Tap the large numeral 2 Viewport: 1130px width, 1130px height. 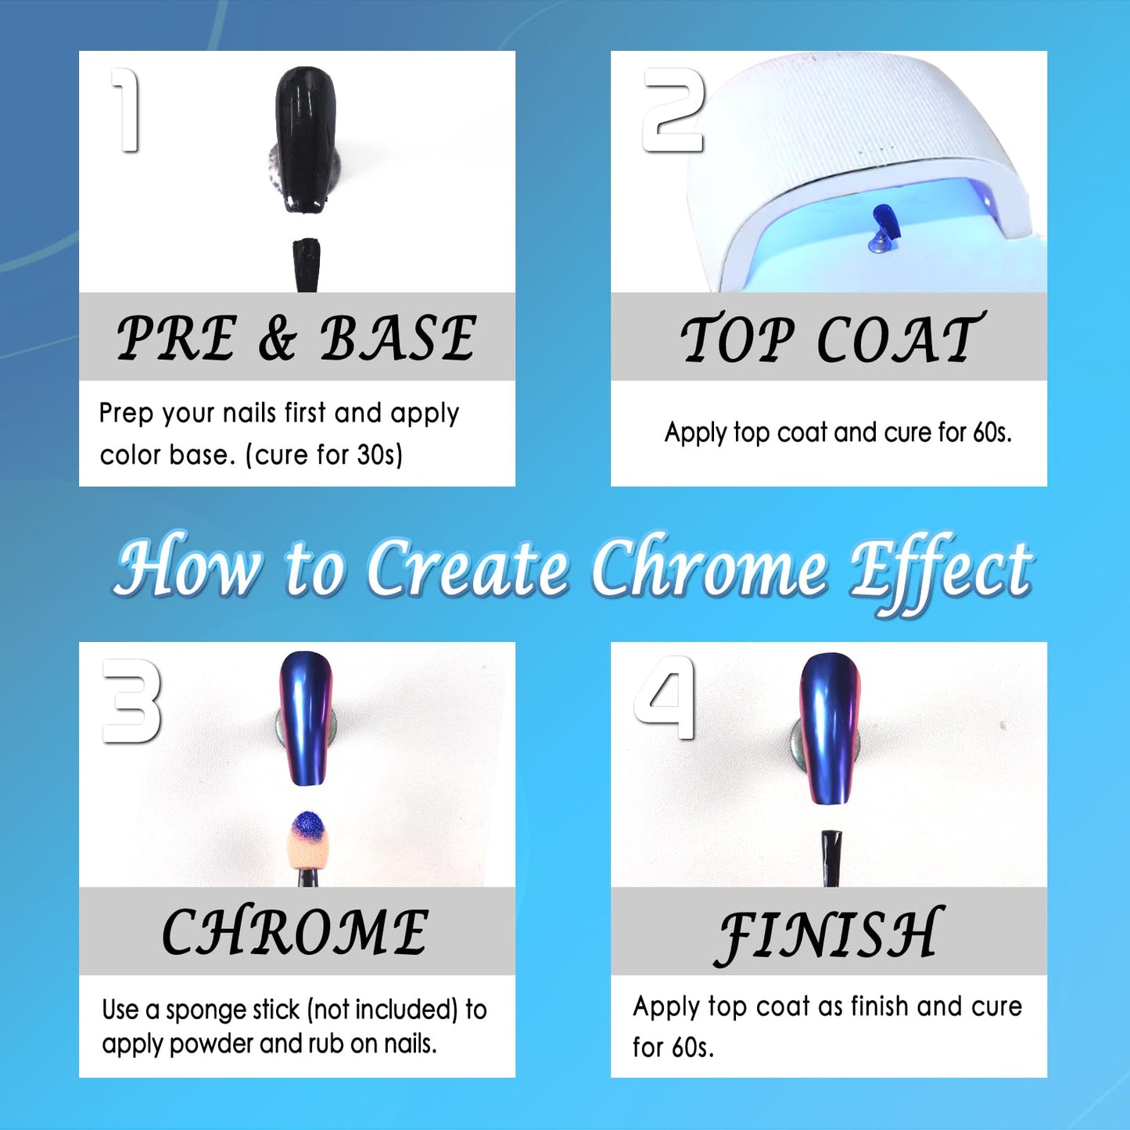click(x=673, y=109)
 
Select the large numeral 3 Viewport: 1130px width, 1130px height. click(x=132, y=701)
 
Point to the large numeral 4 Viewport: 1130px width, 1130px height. click(x=665, y=698)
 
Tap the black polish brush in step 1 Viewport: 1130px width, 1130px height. click(x=306, y=264)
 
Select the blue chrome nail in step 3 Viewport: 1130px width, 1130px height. click(x=306, y=719)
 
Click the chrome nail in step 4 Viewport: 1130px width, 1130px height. click(x=830, y=728)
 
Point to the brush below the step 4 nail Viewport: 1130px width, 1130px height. click(x=830, y=859)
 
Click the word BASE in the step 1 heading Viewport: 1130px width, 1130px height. click(x=398, y=338)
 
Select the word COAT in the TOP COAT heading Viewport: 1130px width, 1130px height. click(x=900, y=339)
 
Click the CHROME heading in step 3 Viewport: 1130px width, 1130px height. click(x=295, y=932)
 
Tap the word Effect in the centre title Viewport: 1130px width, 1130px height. click(x=941, y=571)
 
